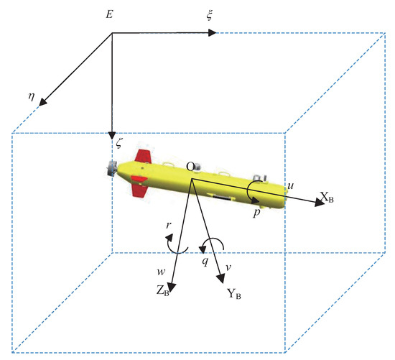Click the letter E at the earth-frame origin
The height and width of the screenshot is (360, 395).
109,14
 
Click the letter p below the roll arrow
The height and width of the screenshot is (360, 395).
254,215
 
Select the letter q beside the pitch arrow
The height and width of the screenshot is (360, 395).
205,261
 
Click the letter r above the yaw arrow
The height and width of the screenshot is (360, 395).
168,225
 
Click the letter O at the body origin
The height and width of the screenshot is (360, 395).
190,167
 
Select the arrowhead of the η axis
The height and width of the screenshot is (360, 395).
43,103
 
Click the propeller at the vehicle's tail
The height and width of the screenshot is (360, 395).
111,170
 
